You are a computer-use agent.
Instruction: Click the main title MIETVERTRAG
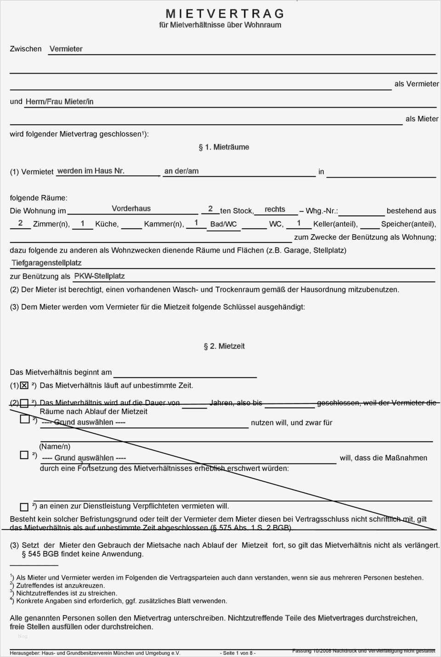[225, 13]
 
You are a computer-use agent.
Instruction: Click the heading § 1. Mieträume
[224, 147]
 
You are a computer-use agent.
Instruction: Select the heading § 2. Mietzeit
[224, 346]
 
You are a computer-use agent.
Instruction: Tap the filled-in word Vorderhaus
[131, 209]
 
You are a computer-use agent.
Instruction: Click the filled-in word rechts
[275, 209]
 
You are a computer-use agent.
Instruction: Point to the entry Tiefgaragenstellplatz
[46, 263]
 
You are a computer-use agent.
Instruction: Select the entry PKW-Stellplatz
[99, 277]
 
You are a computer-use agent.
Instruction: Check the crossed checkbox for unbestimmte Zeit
[24, 386]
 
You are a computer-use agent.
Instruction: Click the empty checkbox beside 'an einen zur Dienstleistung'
[24, 507]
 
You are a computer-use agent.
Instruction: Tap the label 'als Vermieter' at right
[416, 84]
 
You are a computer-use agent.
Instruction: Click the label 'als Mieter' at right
[422, 119]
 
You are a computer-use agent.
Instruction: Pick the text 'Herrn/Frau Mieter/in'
[59, 102]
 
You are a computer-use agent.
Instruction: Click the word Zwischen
[26, 49]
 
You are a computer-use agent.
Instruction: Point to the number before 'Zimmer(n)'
[20, 223]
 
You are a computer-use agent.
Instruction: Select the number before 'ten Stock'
[210, 209]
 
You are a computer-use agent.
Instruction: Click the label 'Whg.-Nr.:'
[322, 211]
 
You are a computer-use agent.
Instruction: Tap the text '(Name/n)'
[55, 447]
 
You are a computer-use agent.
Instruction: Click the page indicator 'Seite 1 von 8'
[238, 653]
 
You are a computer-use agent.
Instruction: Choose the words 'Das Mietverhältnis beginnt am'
[61, 372]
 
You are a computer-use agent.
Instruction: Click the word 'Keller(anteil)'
[335, 224]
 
